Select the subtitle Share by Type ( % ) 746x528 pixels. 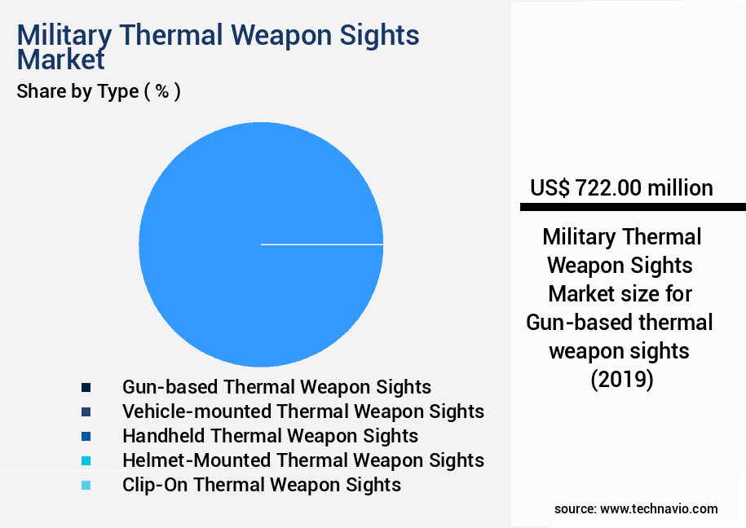click(99, 91)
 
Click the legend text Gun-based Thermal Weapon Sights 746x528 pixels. click(276, 386)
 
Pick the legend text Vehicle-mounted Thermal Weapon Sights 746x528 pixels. click(302, 411)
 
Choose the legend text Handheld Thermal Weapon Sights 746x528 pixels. click(270, 436)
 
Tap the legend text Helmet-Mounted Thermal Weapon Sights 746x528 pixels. click(302, 460)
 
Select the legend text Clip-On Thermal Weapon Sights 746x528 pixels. click(261, 485)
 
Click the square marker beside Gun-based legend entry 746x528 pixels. click(86, 386)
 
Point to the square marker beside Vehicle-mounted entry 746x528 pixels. click(86, 411)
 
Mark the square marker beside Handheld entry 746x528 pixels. click(86, 436)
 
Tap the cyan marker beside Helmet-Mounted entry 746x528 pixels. click(86, 460)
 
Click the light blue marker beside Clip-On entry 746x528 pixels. click(86, 485)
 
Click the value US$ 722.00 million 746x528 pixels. click(621, 188)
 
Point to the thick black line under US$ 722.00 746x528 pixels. click(633, 207)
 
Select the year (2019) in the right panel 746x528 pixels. click(621, 380)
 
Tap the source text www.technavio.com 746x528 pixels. click(659, 508)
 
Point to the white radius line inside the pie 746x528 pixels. click(322, 244)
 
